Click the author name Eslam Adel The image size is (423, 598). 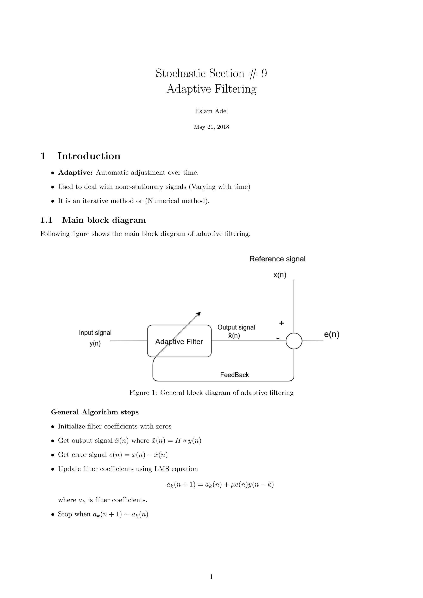211,111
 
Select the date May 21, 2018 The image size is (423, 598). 211,127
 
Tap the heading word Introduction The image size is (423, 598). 89,156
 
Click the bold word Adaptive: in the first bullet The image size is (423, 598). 75,173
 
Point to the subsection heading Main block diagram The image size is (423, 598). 104,220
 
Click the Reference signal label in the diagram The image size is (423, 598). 277,259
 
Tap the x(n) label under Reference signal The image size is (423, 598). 280,275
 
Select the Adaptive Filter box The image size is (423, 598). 179,341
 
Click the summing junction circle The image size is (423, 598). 294,341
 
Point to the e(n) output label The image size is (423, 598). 332,335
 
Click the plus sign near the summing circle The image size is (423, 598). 281,323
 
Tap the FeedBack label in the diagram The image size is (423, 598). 234,375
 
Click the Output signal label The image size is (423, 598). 236,327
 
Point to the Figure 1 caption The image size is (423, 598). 211,393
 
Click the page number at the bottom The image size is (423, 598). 211,577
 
